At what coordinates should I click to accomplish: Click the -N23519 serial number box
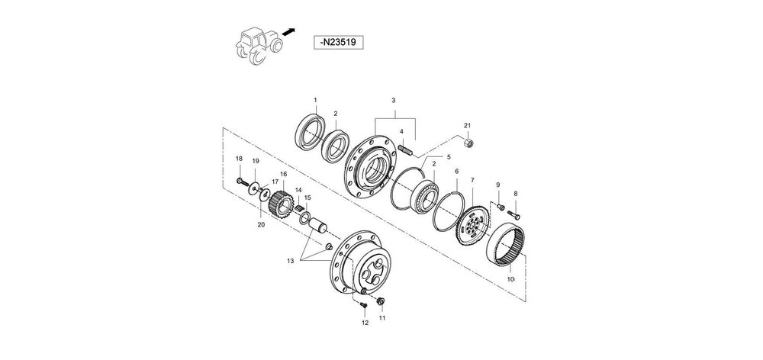tap(338, 42)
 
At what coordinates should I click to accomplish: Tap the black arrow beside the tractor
tap(288, 32)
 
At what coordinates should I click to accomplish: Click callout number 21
tap(467, 126)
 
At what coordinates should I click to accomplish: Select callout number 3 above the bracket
tap(394, 100)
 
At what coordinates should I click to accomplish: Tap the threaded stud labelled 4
tap(406, 149)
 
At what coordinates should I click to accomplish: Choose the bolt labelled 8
tap(513, 214)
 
